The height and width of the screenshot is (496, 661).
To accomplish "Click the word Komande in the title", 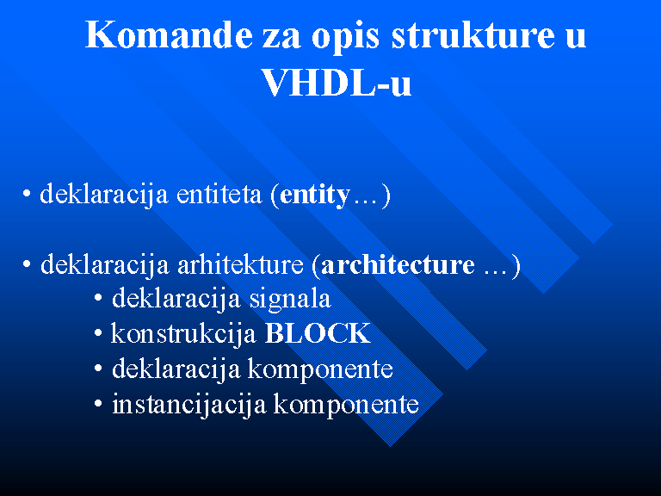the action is pyautogui.click(x=169, y=34).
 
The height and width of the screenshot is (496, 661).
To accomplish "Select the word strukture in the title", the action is pyautogui.click(x=473, y=34).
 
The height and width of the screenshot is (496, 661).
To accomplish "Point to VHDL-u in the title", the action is pyautogui.click(x=336, y=83).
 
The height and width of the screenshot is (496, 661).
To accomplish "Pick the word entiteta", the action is pyautogui.click(x=219, y=195).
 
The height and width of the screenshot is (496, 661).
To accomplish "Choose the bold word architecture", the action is pyautogui.click(x=398, y=265).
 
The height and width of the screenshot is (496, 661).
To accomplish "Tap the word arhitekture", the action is pyautogui.click(x=240, y=265).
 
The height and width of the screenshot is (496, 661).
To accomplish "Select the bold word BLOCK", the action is pyautogui.click(x=318, y=333).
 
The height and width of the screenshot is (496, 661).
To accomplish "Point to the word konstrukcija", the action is pyautogui.click(x=183, y=335).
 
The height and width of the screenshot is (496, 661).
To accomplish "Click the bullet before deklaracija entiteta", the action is pyautogui.click(x=27, y=194).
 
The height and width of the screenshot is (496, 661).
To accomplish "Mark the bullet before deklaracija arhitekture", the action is pyautogui.click(x=27, y=264).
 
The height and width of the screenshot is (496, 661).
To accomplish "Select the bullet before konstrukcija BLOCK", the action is pyautogui.click(x=98, y=333).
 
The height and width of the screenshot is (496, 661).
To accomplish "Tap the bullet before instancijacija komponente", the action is pyautogui.click(x=98, y=404).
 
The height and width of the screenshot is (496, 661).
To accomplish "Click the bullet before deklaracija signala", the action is pyautogui.click(x=98, y=298).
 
